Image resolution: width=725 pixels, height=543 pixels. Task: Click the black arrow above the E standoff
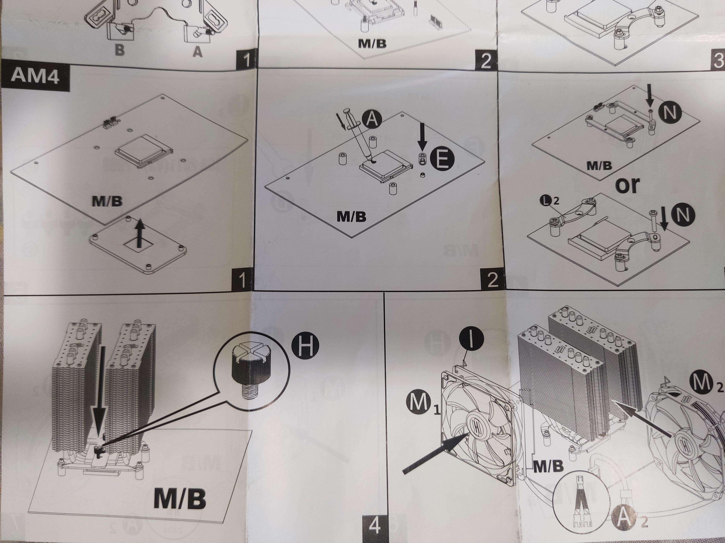pos(422,140)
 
